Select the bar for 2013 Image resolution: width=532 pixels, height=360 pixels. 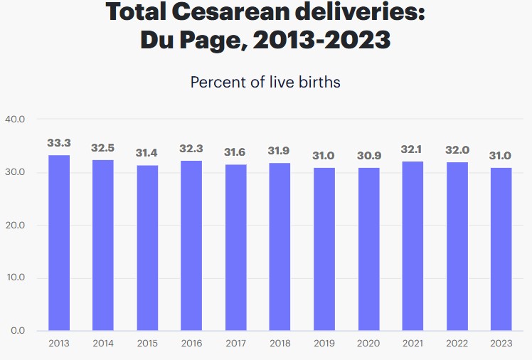coord(59,243)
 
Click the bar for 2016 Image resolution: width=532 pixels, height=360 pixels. coord(191,245)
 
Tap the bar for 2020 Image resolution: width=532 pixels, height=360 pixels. coord(368,249)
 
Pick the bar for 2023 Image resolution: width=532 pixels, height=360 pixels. coord(501,249)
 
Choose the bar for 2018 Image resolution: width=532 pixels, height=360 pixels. coord(280,247)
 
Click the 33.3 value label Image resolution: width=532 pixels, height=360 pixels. coord(59,143)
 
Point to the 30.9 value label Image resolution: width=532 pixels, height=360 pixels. coord(368,156)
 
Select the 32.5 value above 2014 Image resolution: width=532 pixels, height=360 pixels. coord(103,148)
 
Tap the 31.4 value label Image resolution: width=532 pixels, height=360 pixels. coord(147,153)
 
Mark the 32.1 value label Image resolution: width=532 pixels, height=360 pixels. coord(413,149)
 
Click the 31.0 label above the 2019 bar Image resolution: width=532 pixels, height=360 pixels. coord(324,155)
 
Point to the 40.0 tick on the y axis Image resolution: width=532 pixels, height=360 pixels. coord(15,119)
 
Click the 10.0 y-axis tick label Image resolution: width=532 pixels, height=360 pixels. coord(15,277)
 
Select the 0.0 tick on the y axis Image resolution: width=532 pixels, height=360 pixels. coord(18,331)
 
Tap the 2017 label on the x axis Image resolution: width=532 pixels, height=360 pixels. coord(235,344)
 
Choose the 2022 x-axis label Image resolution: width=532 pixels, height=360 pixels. coord(457,344)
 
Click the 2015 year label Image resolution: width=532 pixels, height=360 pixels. coord(147,344)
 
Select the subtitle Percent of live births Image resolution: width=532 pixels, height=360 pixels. coord(265,82)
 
